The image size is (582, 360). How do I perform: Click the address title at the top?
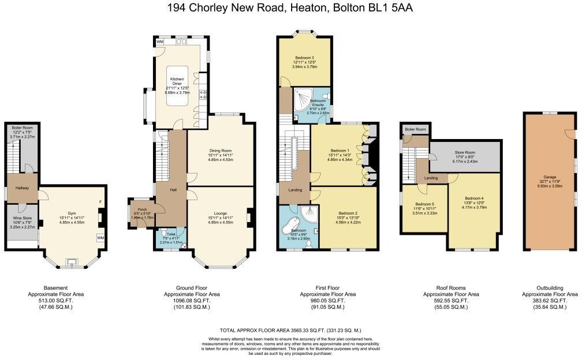coord(290,7)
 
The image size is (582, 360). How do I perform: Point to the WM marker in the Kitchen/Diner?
coord(159,42)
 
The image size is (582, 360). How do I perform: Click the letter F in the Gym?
coord(101,202)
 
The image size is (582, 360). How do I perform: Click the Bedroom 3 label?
coord(304,58)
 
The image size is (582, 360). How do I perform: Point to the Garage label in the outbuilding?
coord(549,179)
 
